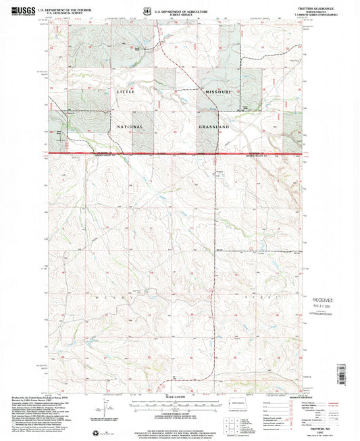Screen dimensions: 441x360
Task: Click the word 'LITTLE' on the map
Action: pyautogui.click(x=126, y=91)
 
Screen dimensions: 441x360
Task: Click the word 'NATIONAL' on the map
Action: pyautogui.click(x=128, y=126)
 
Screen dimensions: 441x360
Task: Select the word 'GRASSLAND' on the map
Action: pyautogui.click(x=215, y=126)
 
